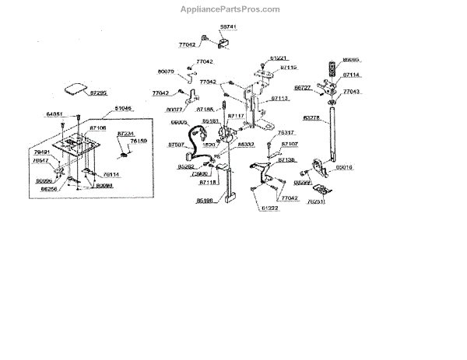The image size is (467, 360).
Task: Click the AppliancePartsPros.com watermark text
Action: pyautogui.click(x=233, y=9)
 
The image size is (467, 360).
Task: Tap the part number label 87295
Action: pyautogui.click(x=99, y=92)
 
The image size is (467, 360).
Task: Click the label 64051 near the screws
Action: pyautogui.click(x=54, y=114)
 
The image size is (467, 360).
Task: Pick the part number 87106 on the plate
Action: pyautogui.click(x=98, y=126)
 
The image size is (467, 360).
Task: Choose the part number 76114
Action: pyautogui.click(x=111, y=175)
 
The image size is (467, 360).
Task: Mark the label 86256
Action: pyautogui.click(x=48, y=188)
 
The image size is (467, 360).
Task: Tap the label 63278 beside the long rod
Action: pyautogui.click(x=311, y=118)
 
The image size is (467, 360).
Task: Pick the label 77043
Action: pyautogui.click(x=352, y=92)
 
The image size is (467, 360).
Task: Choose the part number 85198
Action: pyautogui.click(x=205, y=200)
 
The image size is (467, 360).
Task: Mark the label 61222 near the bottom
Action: pyautogui.click(x=269, y=208)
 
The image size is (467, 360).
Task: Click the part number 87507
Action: pyautogui.click(x=176, y=145)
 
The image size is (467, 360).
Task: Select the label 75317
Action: pyautogui.click(x=287, y=132)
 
